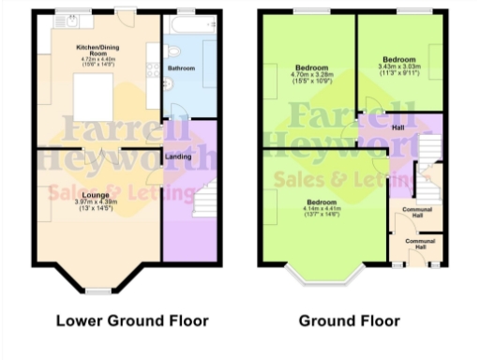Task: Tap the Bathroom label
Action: [182, 68]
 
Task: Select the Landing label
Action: [178, 157]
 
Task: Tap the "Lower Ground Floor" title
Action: [132, 321]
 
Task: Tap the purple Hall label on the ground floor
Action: [397, 127]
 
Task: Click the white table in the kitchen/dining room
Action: [94, 94]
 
